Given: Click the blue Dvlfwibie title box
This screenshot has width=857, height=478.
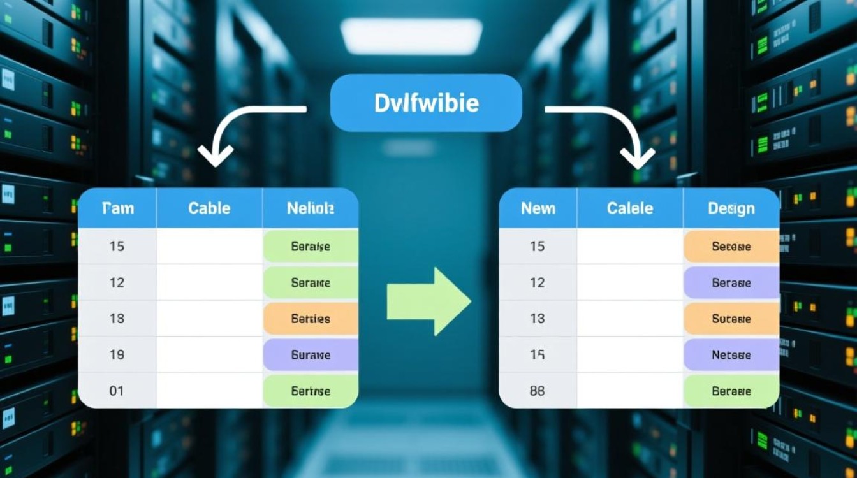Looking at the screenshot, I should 426,103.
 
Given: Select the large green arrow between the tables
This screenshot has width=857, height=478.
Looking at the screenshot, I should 428,301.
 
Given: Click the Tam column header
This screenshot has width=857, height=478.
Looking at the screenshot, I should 117,208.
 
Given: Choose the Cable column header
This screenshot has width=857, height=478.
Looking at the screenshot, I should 209,208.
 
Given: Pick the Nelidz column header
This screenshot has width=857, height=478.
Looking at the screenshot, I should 311,208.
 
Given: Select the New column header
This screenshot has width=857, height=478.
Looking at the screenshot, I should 538,208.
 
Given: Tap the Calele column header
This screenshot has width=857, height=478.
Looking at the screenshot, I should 629,208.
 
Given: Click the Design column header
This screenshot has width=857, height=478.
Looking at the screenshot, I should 731,208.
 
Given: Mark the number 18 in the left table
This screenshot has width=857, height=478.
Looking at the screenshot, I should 117,318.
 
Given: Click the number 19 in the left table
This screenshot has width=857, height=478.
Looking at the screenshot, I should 117,354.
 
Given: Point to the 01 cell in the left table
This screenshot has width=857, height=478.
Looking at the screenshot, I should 116,391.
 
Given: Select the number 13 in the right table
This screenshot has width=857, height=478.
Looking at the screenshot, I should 538,318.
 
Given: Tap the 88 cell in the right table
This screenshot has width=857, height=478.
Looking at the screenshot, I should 537,391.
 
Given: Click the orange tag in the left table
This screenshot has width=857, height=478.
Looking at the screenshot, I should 311,319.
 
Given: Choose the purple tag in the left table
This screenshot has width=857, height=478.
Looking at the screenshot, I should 311,355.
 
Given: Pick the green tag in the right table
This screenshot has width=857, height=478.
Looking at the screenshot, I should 731,391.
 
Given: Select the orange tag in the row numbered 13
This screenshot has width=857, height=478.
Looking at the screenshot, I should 731,319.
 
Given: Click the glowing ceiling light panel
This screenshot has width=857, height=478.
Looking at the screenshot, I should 411,36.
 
